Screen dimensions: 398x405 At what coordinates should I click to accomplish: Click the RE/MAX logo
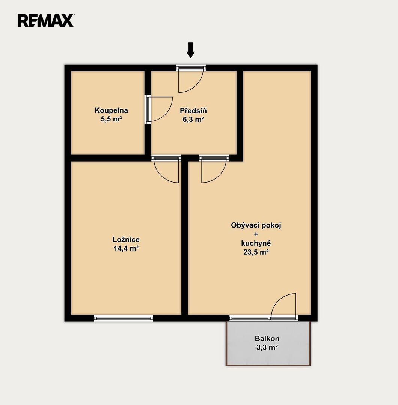(46, 21)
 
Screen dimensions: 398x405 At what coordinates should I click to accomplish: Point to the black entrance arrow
(191, 50)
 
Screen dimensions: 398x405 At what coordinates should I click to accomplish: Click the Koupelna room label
(111, 110)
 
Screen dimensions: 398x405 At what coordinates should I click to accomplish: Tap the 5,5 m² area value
(111, 119)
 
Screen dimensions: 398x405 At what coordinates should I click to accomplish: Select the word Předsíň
(193, 111)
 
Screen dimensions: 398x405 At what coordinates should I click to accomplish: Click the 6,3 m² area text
(193, 119)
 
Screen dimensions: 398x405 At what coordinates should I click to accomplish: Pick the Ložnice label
(126, 239)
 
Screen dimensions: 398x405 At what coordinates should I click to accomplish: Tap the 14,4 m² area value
(126, 248)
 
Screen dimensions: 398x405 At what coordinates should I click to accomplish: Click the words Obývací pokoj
(256, 225)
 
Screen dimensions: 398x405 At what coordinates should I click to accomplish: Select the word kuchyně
(256, 243)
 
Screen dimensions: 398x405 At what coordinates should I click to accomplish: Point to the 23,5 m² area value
(256, 252)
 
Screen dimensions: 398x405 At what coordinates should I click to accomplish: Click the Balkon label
(267, 338)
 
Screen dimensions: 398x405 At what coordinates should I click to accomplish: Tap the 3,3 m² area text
(267, 347)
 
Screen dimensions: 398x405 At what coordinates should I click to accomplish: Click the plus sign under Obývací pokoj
(256, 234)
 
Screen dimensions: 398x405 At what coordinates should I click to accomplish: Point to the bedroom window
(124, 318)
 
